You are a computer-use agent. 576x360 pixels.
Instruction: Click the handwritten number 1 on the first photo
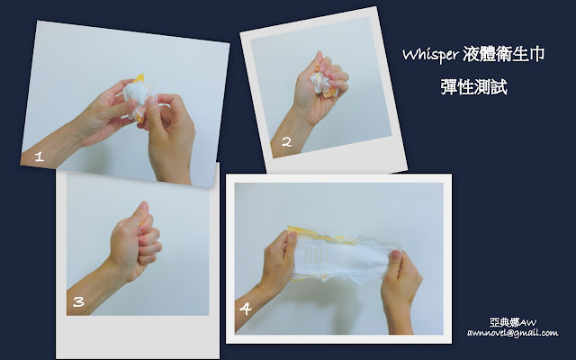point(40,157)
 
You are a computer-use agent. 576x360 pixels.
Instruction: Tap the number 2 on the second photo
point(286,142)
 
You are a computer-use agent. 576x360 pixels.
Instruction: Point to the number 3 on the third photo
point(78,302)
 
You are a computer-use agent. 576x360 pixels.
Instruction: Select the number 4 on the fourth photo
point(246,309)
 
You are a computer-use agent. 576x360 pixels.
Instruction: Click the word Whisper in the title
point(430,55)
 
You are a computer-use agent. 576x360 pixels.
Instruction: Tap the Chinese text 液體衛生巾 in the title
point(503,54)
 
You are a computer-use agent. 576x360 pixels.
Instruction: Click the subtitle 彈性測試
point(474,87)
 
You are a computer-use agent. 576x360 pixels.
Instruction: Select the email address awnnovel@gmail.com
point(513,333)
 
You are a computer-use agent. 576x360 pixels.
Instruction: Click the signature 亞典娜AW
point(513,322)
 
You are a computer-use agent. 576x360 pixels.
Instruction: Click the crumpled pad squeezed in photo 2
point(322,83)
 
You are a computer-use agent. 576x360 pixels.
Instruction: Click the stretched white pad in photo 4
point(342,257)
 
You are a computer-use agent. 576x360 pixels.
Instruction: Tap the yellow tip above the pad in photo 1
point(139,78)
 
